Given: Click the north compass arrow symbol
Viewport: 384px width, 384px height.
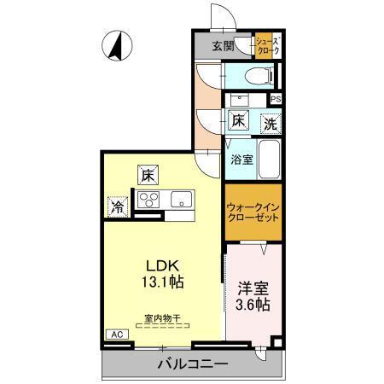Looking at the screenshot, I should point(115,44).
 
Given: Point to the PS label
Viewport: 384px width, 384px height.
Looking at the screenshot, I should point(275,99).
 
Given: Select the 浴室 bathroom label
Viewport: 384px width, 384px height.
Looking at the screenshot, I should point(240,160).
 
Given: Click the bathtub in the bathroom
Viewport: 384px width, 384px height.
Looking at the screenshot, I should point(270,159).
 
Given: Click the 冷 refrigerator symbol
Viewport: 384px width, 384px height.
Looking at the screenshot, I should point(117,206).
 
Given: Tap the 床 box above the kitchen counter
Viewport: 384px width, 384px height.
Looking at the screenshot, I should point(147,177).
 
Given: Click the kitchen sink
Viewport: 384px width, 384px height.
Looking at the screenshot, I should point(182,201).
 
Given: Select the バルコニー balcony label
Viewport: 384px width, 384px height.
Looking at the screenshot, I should point(192,364).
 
